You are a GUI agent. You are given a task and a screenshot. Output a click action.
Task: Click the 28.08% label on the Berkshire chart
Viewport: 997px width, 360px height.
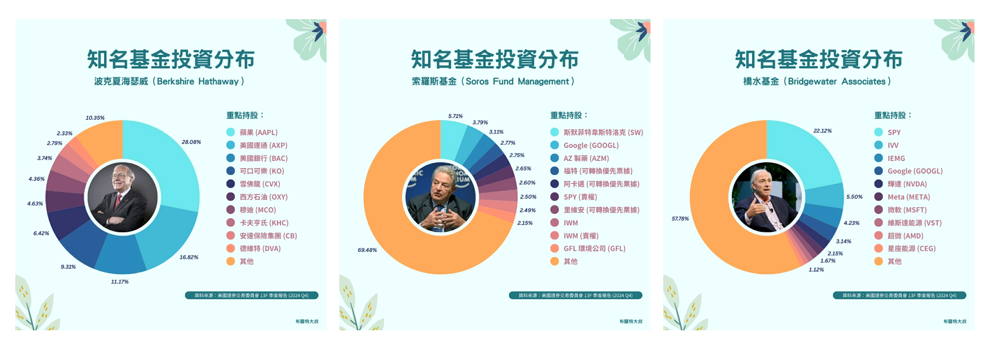click(191, 142)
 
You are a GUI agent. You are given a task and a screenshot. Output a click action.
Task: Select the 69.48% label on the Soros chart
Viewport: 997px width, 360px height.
click(367, 250)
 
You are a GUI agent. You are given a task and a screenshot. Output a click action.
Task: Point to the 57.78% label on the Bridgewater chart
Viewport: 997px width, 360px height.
click(680, 219)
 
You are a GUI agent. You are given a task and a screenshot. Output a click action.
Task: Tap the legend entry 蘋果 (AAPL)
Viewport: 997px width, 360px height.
click(259, 132)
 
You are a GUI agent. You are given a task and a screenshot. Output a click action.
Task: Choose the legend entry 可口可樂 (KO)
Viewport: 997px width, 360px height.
click(262, 171)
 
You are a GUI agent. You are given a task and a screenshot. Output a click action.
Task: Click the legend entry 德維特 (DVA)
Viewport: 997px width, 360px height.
click(260, 248)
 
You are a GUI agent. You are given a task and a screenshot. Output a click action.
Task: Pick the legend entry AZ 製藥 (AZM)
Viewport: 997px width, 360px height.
click(586, 158)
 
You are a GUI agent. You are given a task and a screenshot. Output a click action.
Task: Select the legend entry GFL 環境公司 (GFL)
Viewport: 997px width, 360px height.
click(594, 248)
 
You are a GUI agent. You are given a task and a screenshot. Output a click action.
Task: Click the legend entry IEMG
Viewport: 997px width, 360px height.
click(896, 158)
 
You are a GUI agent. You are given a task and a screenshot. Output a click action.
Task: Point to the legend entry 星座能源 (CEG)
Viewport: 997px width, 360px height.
click(912, 248)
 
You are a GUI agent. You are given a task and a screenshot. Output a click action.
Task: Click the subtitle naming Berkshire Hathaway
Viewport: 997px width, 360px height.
click(169, 81)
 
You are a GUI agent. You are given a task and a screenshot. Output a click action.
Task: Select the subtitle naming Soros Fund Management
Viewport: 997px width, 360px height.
click(493, 81)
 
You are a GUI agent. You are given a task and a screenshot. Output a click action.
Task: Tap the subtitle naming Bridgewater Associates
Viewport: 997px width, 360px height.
click(817, 81)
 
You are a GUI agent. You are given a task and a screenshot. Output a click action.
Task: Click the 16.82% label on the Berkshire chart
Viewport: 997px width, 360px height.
click(189, 257)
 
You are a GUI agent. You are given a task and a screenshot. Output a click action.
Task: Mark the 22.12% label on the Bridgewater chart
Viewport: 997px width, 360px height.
click(822, 131)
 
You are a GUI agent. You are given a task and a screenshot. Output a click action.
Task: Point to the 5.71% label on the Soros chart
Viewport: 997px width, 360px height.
click(456, 116)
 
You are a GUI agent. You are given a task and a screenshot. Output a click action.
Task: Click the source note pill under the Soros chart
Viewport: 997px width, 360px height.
click(575, 295)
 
